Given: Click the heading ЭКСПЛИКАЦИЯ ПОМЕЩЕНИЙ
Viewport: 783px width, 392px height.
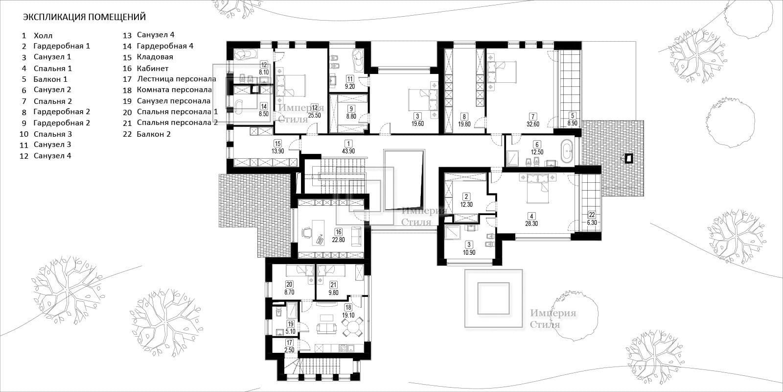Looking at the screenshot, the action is (x=84, y=17).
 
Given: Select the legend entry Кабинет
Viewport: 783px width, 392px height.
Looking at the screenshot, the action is (x=153, y=68).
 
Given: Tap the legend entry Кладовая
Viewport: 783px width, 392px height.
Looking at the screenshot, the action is (x=155, y=57).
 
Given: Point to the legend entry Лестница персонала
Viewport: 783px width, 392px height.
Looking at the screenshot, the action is (x=177, y=79).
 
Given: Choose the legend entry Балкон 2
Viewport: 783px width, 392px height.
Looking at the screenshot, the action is (x=154, y=134).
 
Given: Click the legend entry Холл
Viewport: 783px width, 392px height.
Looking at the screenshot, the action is (x=43, y=36).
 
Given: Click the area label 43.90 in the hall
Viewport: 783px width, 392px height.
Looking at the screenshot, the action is (x=348, y=151).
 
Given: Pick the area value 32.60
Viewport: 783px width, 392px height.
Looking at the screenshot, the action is (x=533, y=124).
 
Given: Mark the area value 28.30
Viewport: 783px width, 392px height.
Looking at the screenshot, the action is (x=531, y=223).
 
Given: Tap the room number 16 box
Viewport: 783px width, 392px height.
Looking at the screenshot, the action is (x=338, y=232).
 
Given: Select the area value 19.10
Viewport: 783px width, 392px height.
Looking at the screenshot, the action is (x=348, y=315).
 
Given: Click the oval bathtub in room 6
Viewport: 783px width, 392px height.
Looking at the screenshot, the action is (x=567, y=151).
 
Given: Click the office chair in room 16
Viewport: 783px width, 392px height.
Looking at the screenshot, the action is (x=306, y=232).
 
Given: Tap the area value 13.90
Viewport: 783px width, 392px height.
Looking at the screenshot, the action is (x=277, y=151).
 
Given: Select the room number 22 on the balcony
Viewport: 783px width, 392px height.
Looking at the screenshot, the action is (x=592, y=215).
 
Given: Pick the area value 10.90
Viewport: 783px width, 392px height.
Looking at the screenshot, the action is (x=469, y=252).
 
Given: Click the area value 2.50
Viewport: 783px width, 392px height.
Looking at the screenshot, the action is (x=289, y=350).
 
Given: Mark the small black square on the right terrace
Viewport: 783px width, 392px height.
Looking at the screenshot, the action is (x=629, y=159).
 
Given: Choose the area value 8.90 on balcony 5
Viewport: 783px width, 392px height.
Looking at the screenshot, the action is (x=572, y=123).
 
